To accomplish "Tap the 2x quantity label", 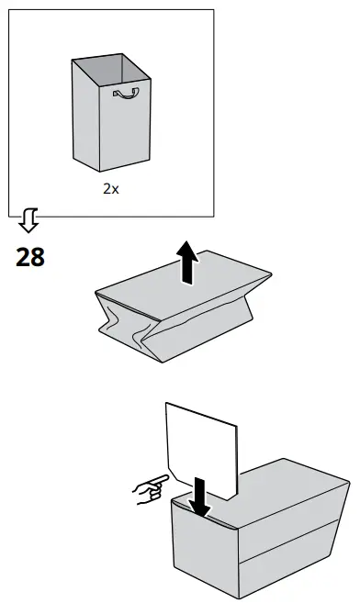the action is point(111,188).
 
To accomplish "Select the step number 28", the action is point(30,257).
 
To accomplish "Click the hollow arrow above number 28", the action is point(28,220).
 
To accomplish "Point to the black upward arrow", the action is point(187,262).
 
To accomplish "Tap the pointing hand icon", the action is point(151,489).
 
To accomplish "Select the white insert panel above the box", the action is point(202,451).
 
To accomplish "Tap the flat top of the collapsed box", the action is point(183,285).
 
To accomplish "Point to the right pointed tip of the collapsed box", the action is point(271,274).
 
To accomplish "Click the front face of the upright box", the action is point(125,126).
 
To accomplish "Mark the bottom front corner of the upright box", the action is point(99,171).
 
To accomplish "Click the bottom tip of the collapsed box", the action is point(162,362).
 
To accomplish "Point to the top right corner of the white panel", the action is point(237,426).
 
